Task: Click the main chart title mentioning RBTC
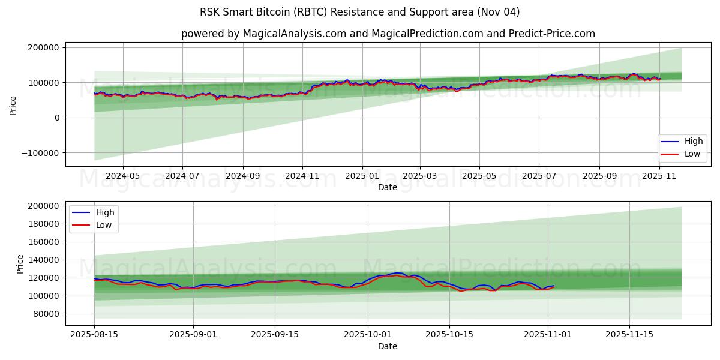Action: (360, 12)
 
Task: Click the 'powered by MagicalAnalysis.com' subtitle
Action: (388, 34)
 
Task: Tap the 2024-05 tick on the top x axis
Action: (123, 176)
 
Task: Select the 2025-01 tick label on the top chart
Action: (362, 176)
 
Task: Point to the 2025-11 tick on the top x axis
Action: (659, 176)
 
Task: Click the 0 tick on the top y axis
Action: (56, 118)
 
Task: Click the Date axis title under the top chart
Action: (387, 188)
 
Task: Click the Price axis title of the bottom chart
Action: (20, 263)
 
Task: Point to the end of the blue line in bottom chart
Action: (554, 286)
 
